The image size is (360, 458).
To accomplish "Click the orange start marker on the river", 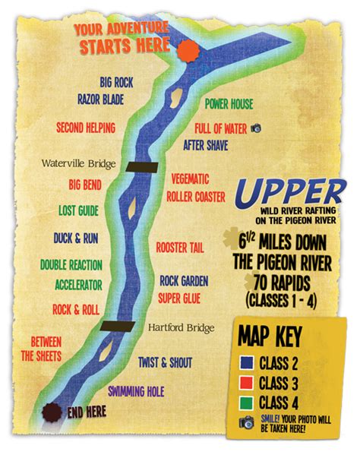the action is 188,51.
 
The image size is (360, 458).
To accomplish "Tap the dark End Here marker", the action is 52,412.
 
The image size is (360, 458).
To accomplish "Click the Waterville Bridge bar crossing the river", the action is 142,167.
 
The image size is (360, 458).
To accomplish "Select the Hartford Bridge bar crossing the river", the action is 117,327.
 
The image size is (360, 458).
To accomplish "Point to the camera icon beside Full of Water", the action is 256,128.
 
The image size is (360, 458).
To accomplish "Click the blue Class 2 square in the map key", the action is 246,363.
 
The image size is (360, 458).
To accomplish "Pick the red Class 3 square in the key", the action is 246,383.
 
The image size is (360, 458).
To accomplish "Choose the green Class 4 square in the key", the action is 246,403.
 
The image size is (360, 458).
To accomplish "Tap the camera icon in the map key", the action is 247,422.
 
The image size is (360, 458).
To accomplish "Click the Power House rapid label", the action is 229,104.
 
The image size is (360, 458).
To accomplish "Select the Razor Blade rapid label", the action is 101,99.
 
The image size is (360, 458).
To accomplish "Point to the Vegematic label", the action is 190,179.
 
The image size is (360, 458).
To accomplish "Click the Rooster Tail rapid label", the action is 180,248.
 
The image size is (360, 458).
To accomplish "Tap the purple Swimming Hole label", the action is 136,391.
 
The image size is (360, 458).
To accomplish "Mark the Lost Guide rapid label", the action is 78,210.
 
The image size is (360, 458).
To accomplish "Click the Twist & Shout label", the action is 166,362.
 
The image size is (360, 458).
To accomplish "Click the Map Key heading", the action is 270,336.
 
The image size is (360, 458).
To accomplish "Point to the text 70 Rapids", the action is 282,283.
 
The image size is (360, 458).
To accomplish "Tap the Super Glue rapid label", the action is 179,298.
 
